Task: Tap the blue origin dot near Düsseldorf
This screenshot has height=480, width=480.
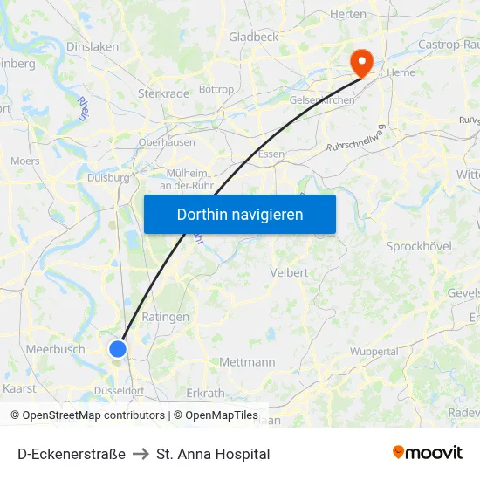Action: coord(118,349)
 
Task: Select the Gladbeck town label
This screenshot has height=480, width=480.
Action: coord(253,37)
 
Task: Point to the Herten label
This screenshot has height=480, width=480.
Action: coord(348,14)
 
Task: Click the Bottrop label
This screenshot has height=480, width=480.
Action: coord(216,89)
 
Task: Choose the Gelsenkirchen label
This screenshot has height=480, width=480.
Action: coord(321,100)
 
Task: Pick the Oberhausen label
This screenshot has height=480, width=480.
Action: coord(166,143)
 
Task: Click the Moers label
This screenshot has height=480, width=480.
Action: coord(25,161)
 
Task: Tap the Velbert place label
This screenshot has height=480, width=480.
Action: coord(290,272)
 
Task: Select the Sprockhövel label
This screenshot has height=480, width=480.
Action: coord(419,247)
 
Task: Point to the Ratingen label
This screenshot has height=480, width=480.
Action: coord(165,317)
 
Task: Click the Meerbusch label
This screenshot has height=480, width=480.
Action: coord(56,349)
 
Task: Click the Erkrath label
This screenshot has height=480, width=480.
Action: coord(205,393)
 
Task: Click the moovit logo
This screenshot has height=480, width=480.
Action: coord(427,453)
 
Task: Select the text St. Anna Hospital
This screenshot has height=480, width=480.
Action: coord(213,454)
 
